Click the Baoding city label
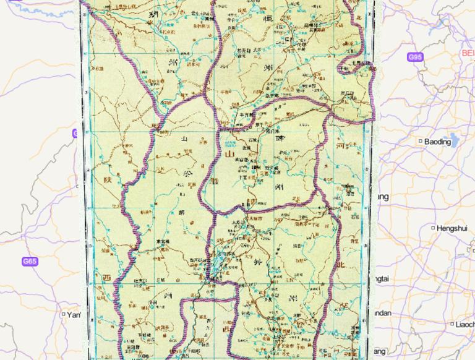point(438,142)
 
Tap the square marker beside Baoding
point(421,142)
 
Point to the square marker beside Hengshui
point(433,228)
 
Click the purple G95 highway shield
point(415,58)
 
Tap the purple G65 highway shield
point(30,262)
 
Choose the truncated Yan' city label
point(74,315)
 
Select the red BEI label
point(468,53)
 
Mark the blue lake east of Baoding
point(455,142)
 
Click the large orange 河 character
point(340,147)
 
